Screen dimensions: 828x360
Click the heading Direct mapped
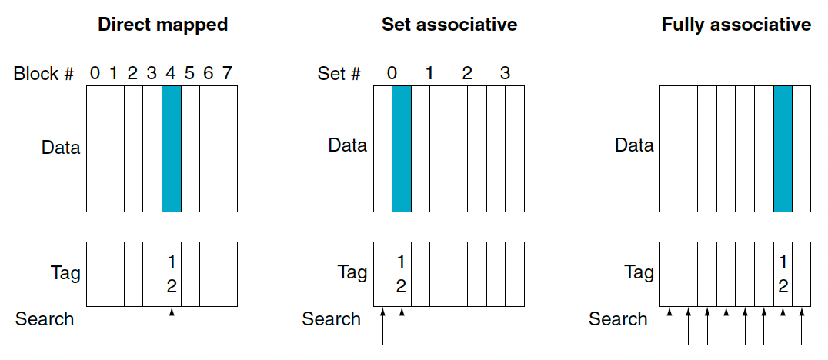pos(162,25)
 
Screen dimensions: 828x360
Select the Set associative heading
pos(449,25)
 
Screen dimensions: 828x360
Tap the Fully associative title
pos(736,25)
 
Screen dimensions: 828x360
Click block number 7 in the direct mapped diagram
pos(227,73)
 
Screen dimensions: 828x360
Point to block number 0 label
pos(95,73)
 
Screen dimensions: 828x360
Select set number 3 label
pos(505,73)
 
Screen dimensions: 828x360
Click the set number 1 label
pos(429,73)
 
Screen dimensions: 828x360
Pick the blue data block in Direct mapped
pos(172,149)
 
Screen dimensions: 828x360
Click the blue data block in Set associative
pos(402,149)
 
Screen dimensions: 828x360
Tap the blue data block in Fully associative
pos(783,149)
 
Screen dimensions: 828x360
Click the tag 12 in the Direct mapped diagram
pos(171,273)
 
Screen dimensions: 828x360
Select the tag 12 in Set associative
pos(402,273)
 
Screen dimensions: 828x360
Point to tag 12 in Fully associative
pos(783,273)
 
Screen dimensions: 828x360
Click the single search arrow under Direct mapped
pos(172,327)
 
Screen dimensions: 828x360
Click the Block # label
pos(44,73)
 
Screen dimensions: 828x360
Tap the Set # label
pos(339,73)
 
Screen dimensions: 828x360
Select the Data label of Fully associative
pos(634,145)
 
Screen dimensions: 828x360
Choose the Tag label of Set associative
pos(352,273)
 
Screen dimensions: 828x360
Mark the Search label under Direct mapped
pos(45,318)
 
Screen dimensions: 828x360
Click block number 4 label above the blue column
pos(171,73)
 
